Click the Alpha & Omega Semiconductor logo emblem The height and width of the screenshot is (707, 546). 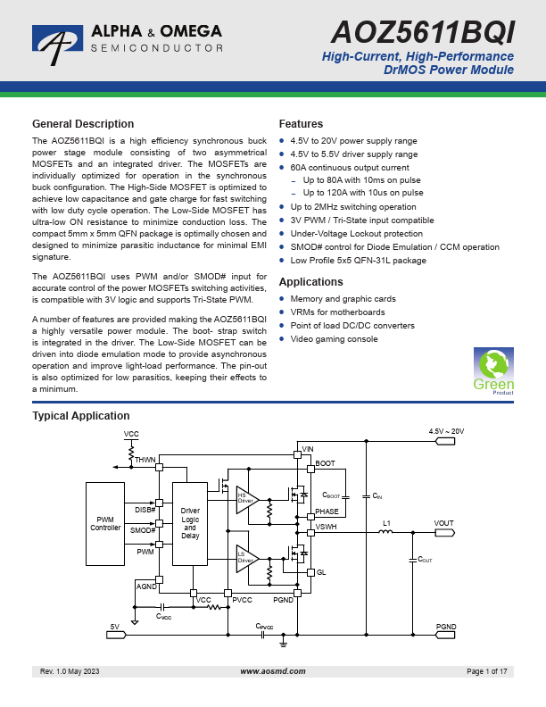(x=58, y=41)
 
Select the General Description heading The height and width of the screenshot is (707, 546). (x=83, y=124)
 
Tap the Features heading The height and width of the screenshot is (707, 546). (x=301, y=124)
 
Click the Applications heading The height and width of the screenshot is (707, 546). (x=311, y=282)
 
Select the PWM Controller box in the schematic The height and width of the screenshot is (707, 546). (x=105, y=523)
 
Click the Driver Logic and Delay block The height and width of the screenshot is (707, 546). (x=190, y=523)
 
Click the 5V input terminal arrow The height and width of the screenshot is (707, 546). (x=117, y=635)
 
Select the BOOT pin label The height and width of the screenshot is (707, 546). (x=326, y=463)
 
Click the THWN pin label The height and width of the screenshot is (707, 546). (x=145, y=459)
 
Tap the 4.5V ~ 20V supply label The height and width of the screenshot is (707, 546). (x=446, y=431)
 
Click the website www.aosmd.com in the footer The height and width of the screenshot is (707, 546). (x=273, y=670)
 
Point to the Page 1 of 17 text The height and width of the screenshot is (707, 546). (x=486, y=670)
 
